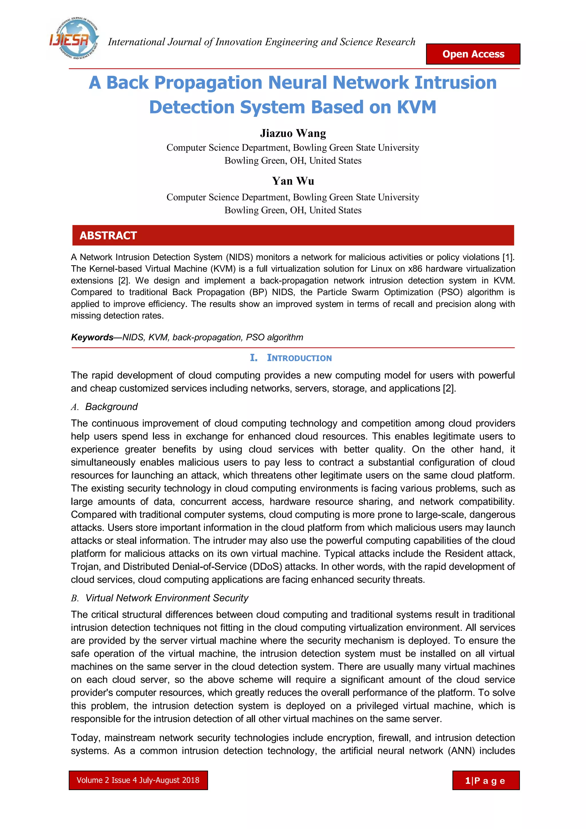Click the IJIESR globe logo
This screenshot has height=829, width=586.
(x=74, y=39)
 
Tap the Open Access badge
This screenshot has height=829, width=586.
(x=473, y=54)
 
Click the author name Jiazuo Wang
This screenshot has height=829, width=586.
(x=293, y=133)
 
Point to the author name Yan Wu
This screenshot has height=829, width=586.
(x=293, y=181)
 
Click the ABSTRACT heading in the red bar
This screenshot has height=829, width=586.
(x=108, y=235)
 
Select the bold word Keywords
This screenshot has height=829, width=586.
(x=92, y=337)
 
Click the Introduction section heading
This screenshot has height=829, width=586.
(x=299, y=358)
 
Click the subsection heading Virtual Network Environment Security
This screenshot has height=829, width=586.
(x=167, y=598)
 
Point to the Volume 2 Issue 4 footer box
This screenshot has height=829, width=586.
(x=138, y=780)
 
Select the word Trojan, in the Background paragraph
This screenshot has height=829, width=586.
(x=86, y=566)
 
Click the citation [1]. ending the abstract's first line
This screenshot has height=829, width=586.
(x=508, y=257)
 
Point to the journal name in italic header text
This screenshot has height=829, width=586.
(x=262, y=42)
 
